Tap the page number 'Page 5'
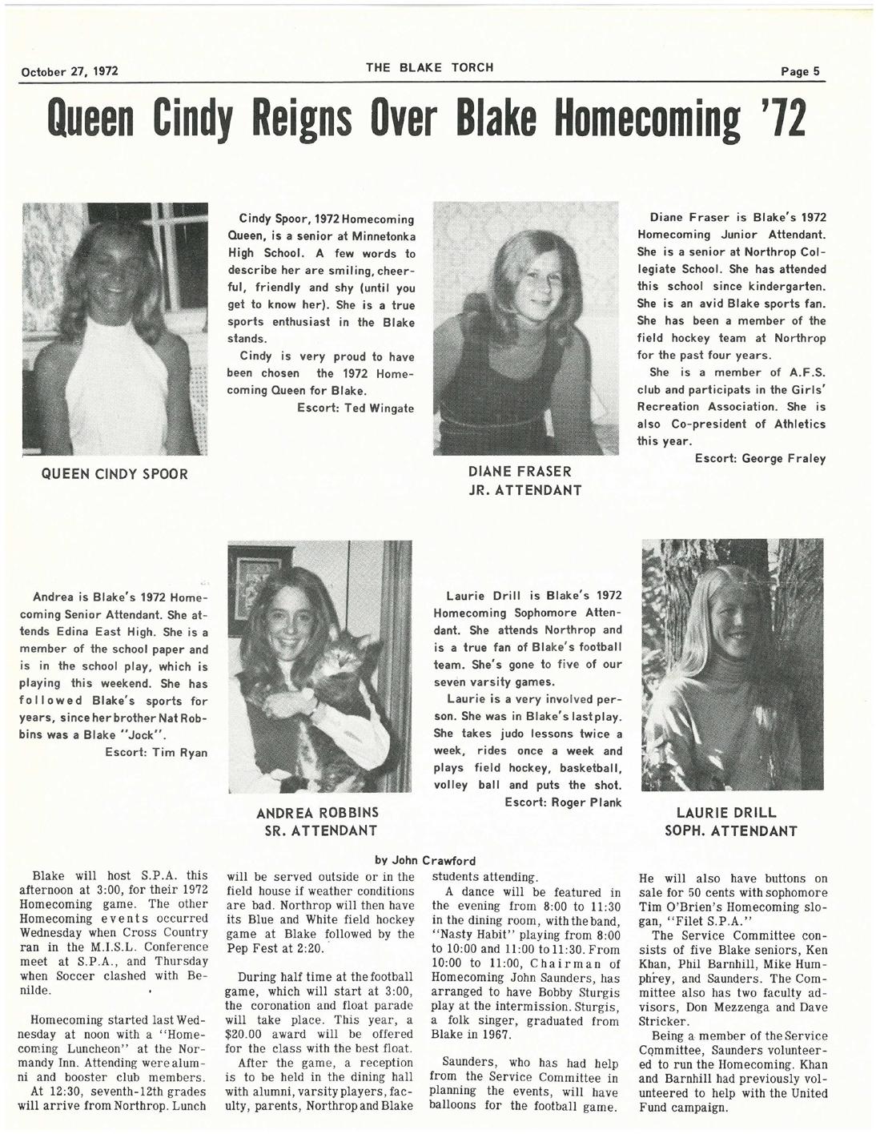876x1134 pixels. click(x=802, y=70)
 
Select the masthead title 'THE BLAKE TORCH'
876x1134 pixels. click(x=430, y=67)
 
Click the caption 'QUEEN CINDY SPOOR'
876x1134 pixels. click(x=115, y=474)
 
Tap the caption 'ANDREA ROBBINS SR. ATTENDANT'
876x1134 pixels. click(x=318, y=821)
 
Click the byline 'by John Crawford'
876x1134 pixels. click(x=426, y=861)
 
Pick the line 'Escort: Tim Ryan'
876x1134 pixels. click(x=156, y=752)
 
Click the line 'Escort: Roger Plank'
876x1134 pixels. click(x=563, y=802)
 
